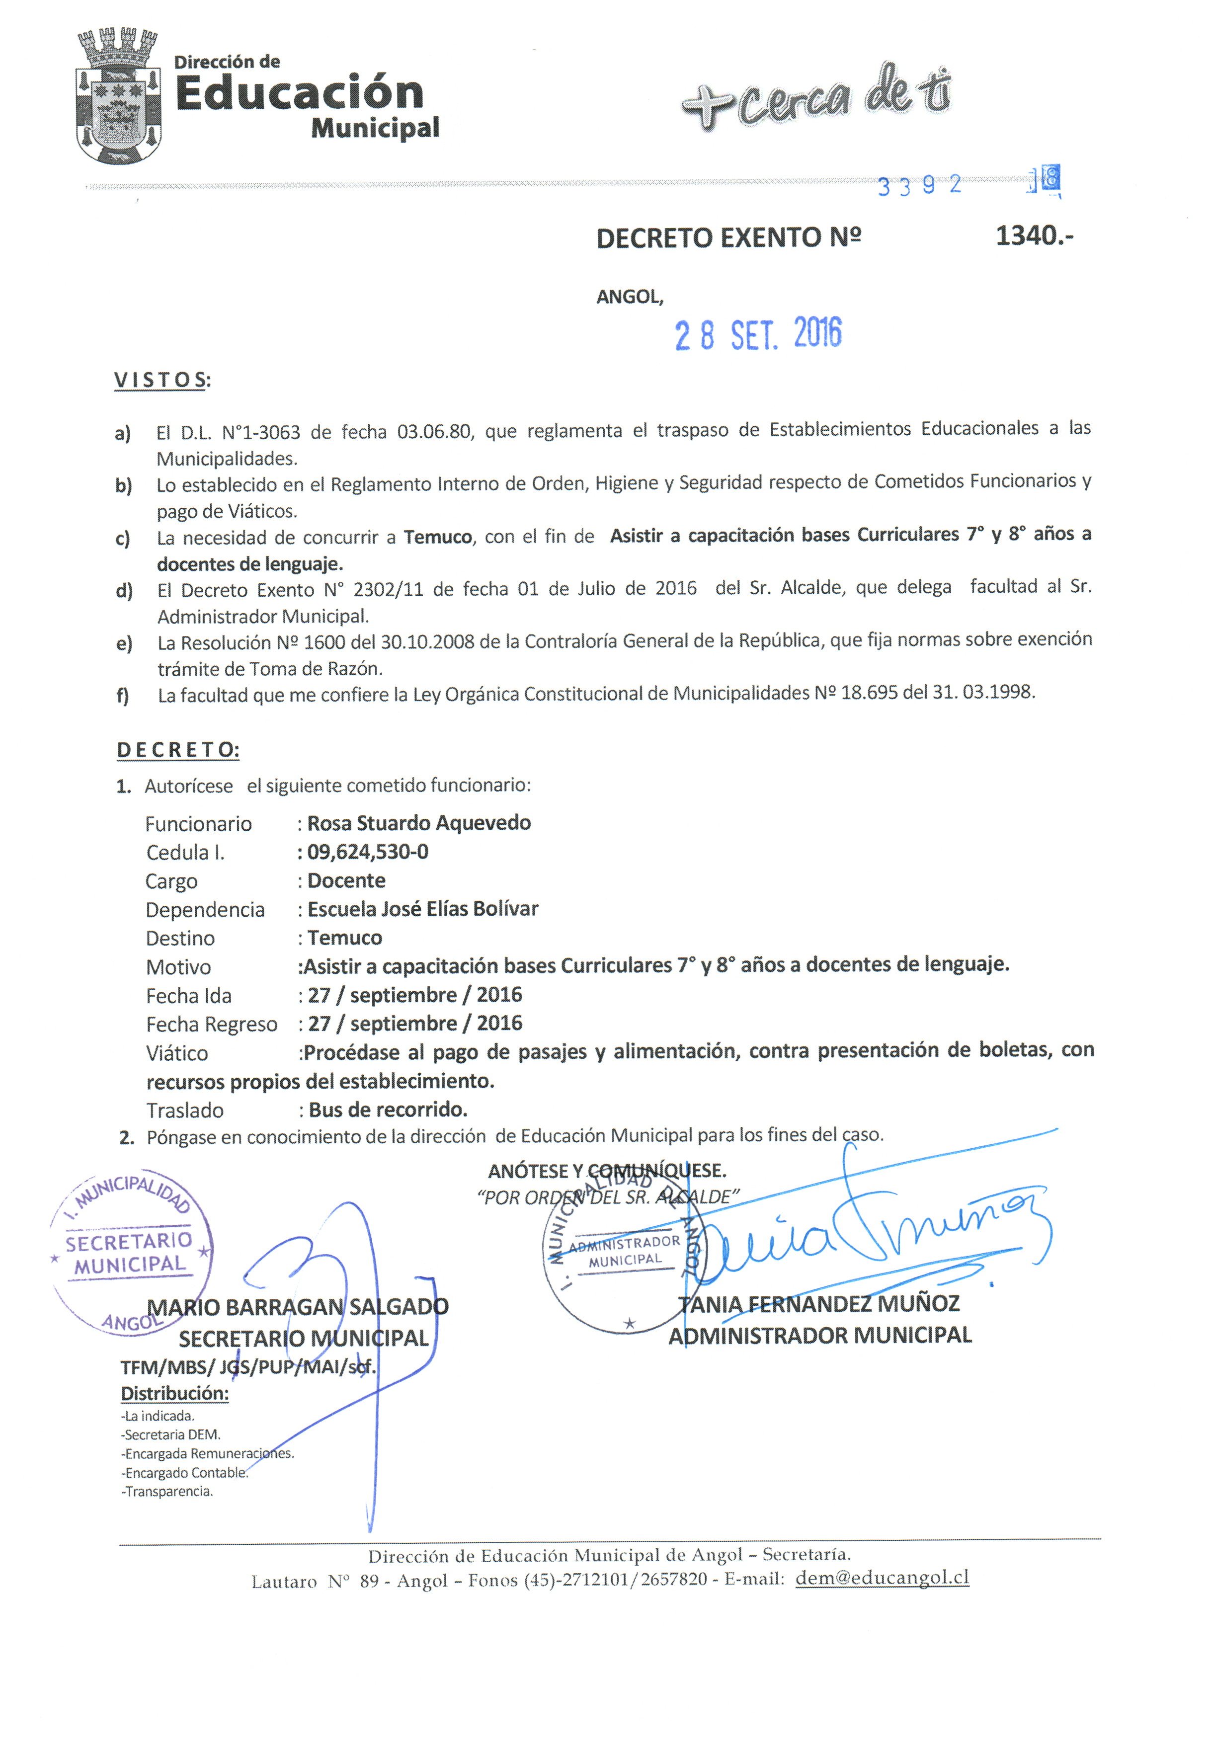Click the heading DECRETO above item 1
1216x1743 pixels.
click(x=177, y=750)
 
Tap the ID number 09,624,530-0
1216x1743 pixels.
click(x=367, y=852)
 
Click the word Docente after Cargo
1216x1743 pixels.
click(x=346, y=880)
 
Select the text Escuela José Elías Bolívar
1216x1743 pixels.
click(x=423, y=909)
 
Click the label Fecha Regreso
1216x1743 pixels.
click(x=212, y=1025)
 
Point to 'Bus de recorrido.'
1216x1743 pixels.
click(x=388, y=1110)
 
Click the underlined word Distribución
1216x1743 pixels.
click(x=174, y=1394)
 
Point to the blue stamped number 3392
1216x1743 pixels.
click(x=918, y=185)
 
